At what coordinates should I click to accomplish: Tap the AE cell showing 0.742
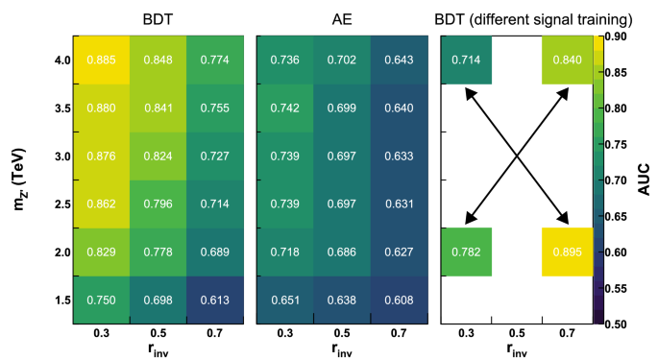coord(284,108)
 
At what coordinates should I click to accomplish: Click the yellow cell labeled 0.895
coord(567,252)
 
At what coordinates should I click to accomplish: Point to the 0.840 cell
coord(567,60)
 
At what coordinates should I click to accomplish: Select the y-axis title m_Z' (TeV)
coord(20,180)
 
